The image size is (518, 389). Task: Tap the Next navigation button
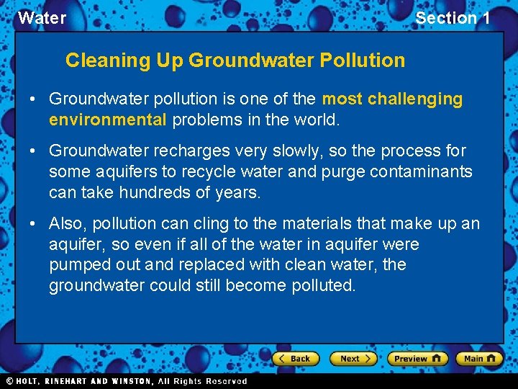click(x=353, y=358)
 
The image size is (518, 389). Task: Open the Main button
click(x=479, y=358)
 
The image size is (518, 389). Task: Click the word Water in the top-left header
click(x=42, y=18)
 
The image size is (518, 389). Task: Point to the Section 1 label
click(x=453, y=18)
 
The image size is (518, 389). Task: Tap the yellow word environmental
click(x=108, y=120)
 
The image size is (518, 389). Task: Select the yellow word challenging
click(x=416, y=99)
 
